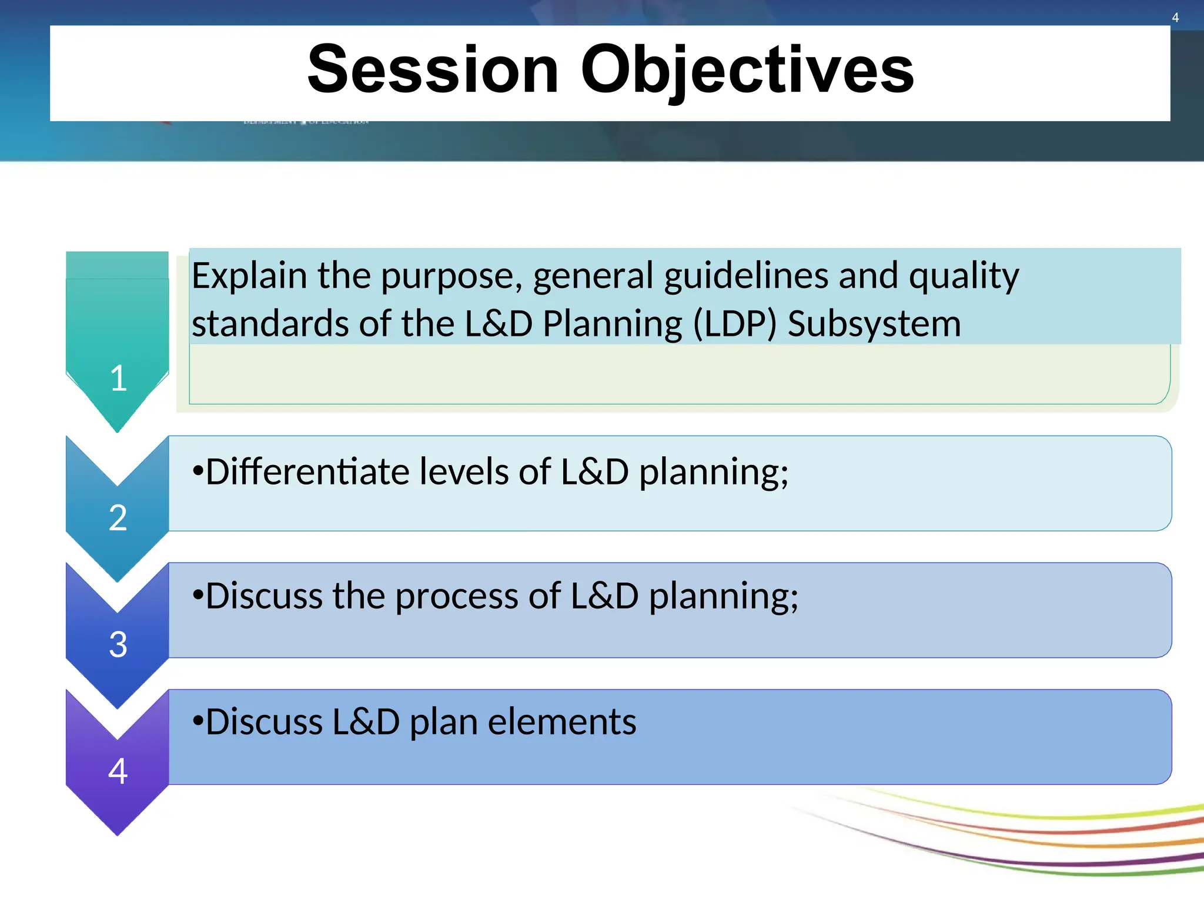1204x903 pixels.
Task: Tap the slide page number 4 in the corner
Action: (1175, 18)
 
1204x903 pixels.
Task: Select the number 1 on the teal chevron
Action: (118, 378)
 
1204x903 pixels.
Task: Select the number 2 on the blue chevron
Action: (118, 518)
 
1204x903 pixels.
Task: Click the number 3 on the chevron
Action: (118, 644)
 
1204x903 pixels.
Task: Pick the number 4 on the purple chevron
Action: (118, 771)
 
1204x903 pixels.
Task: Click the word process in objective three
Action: (456, 596)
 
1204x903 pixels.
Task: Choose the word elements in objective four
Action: (561, 722)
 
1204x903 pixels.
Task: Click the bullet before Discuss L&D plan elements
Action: (198, 722)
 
